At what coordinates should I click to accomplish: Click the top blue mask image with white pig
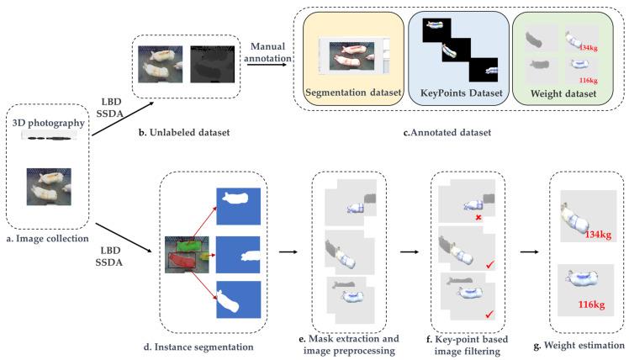[240, 205]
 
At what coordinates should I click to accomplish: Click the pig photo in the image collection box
[49, 186]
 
